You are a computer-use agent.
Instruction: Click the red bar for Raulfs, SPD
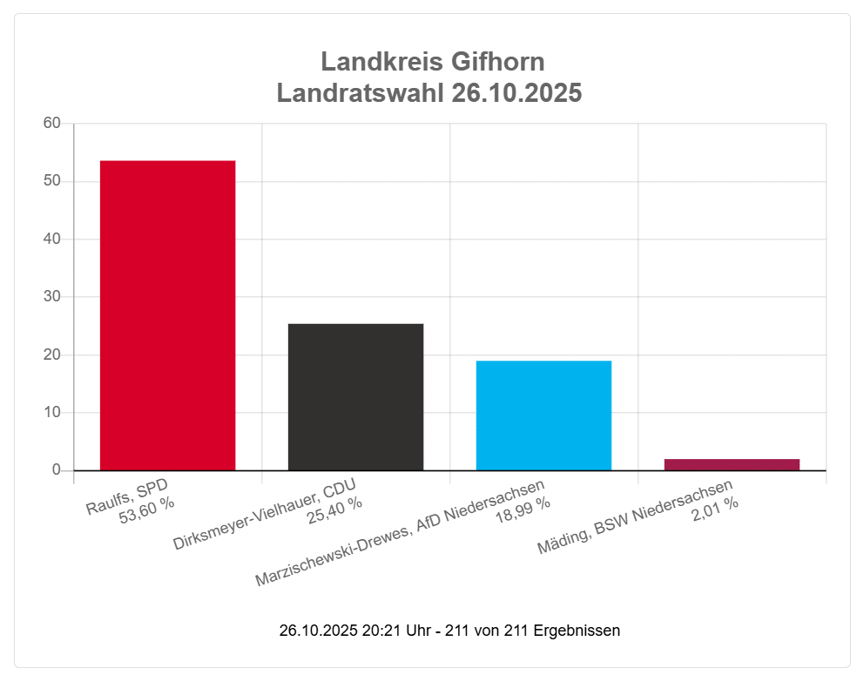[167, 315]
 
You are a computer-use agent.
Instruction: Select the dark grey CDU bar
[355, 397]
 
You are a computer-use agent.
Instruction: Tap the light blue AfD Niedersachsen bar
[543, 415]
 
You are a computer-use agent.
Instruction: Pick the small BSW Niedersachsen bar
[732, 464]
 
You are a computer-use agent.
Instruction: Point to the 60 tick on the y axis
[52, 124]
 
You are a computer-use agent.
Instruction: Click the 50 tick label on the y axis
[52, 181]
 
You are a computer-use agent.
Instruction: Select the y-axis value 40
[52, 240]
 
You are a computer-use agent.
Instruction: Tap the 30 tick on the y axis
[52, 297]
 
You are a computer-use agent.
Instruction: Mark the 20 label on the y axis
[52, 354]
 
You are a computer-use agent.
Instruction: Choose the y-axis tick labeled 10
[52, 413]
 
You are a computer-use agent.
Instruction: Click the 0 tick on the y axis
[57, 470]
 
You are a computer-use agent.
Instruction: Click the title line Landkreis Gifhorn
[432, 62]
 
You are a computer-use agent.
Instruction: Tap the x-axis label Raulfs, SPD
[127, 495]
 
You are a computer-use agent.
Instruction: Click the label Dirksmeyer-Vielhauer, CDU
[265, 514]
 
